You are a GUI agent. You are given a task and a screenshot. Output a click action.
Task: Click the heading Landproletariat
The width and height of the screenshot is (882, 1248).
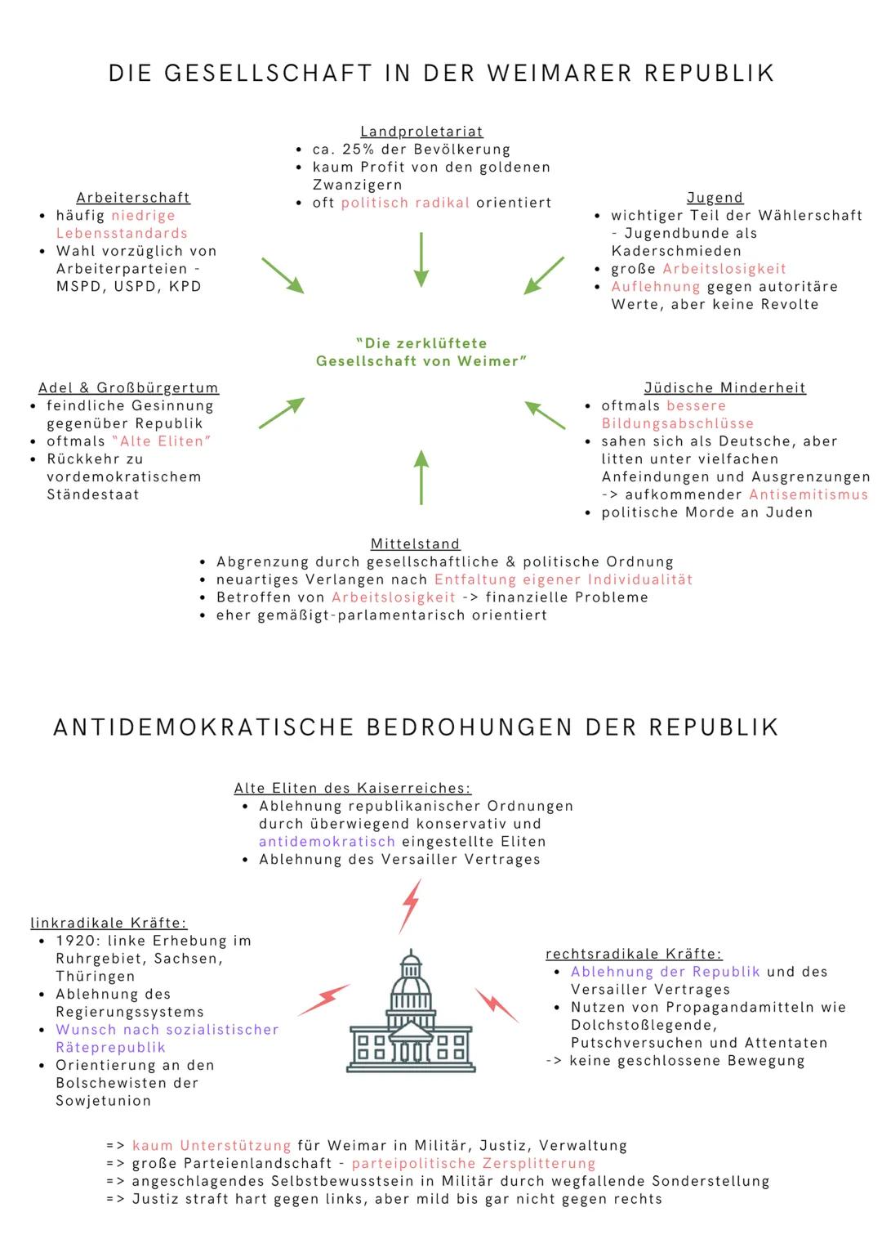click(421, 132)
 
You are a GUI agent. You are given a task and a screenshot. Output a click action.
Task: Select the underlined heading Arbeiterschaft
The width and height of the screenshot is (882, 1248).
click(133, 198)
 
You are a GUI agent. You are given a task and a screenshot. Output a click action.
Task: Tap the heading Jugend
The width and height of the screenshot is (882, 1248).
click(715, 198)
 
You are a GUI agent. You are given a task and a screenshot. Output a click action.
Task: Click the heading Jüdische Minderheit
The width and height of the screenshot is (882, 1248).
click(724, 388)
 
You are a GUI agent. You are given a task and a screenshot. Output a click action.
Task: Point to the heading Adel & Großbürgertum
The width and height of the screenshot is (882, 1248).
click(128, 388)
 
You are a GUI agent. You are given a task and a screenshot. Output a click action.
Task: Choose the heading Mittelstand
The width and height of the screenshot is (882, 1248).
click(415, 544)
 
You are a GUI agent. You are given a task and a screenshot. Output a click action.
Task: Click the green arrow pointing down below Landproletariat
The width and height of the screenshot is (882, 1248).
click(421, 259)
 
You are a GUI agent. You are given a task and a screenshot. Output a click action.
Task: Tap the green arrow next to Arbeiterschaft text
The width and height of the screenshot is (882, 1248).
click(283, 275)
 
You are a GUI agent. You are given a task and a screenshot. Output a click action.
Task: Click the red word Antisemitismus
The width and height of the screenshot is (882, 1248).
click(808, 494)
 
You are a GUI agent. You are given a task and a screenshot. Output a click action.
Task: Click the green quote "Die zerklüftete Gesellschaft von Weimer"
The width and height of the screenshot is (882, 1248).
click(421, 352)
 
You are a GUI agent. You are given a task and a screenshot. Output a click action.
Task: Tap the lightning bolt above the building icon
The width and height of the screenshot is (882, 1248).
click(410, 906)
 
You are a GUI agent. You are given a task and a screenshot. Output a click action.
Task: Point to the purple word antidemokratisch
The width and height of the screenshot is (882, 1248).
click(327, 842)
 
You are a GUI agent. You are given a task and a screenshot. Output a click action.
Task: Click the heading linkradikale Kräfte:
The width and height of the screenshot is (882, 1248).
click(109, 924)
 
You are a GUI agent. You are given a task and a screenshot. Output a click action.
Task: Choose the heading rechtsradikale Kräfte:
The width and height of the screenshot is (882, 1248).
click(634, 955)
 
